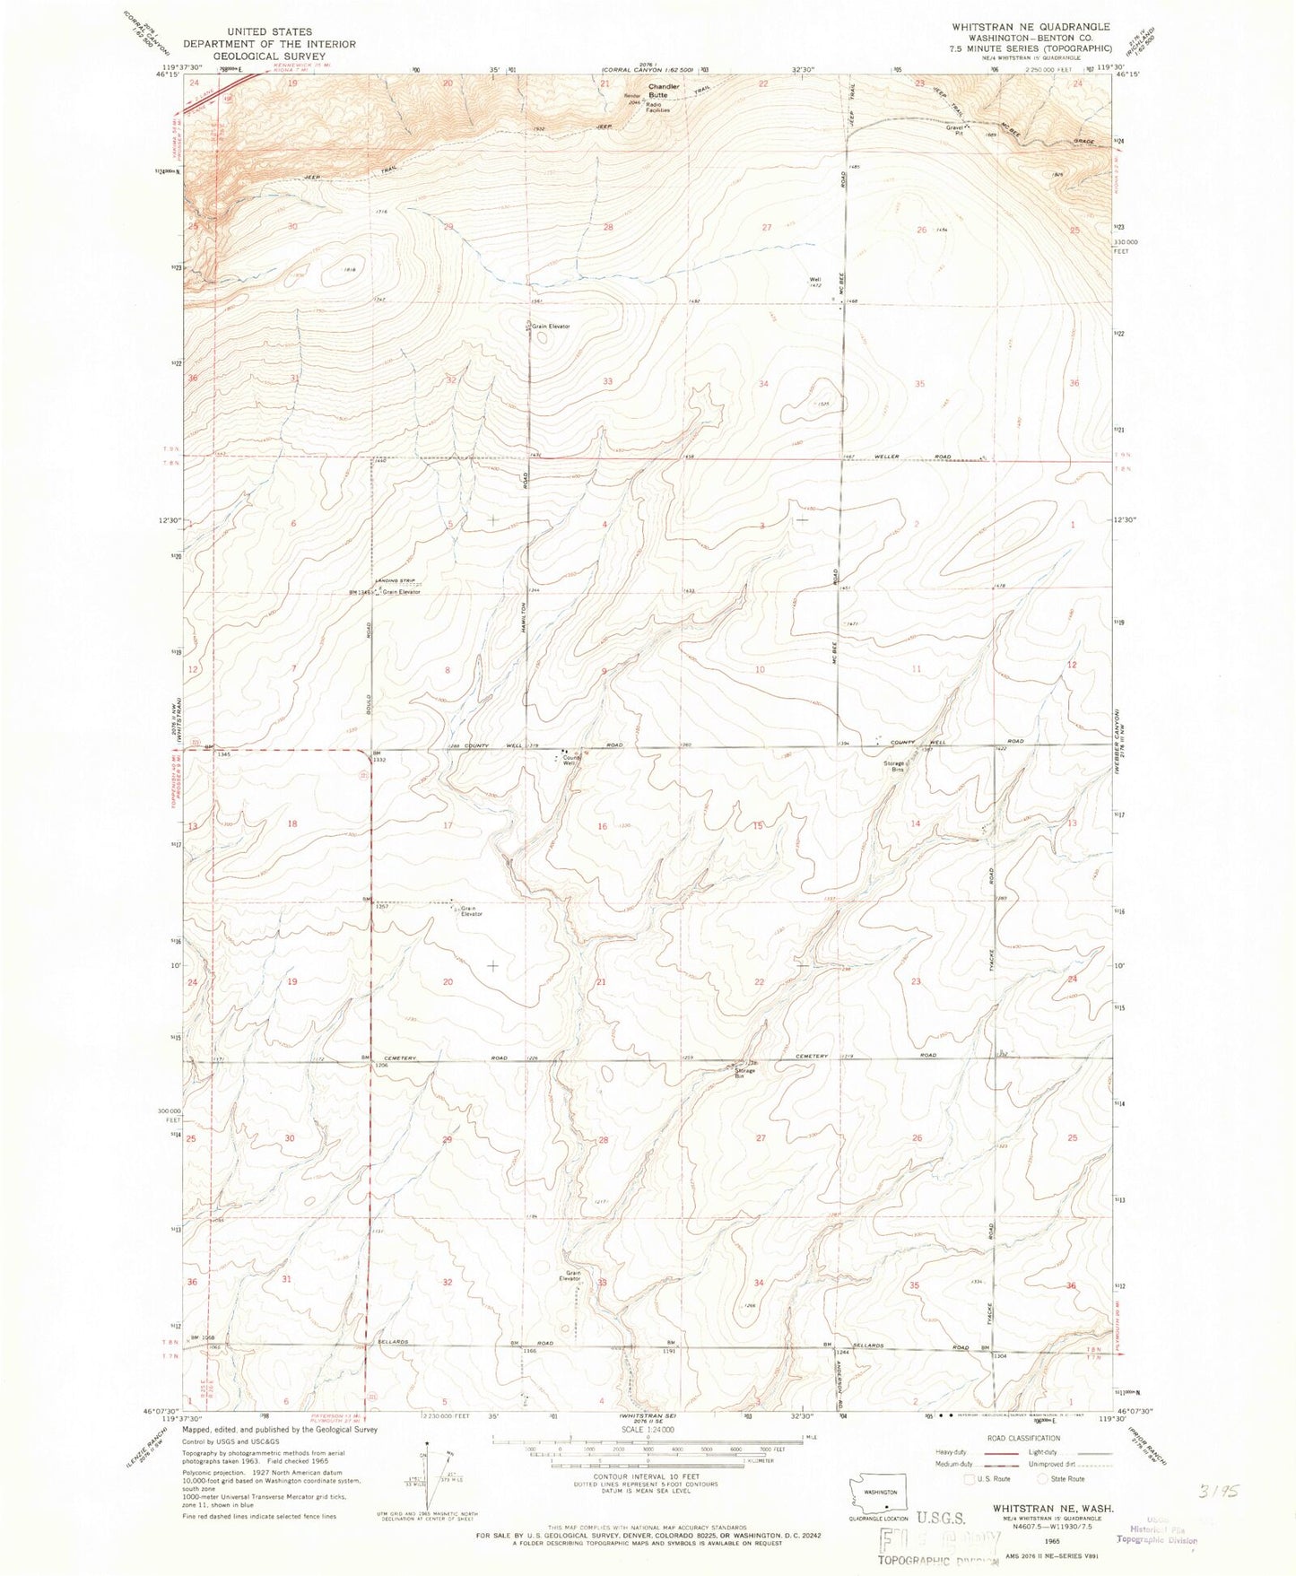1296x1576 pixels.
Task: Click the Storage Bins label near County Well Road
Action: [894, 767]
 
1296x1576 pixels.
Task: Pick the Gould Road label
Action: [369, 691]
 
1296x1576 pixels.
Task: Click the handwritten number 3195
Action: [1222, 1491]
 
